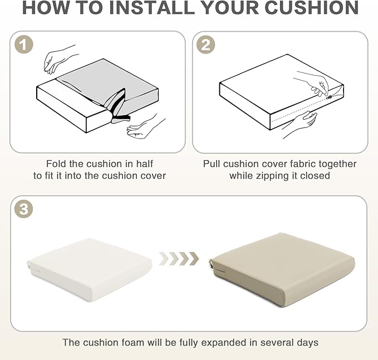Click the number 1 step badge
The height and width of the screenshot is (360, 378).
coord(23,45)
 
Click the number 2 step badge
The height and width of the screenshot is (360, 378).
coord(205,45)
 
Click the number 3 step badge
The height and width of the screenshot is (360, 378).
coord(23,209)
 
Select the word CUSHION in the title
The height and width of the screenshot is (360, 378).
coord(312,7)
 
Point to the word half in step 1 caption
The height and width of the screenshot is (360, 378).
coord(144,164)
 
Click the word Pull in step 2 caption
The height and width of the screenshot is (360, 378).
coord(212,164)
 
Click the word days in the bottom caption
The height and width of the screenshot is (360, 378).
coord(307,343)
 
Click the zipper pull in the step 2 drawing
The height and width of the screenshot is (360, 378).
coord(329,97)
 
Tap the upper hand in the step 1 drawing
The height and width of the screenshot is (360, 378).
coord(60,59)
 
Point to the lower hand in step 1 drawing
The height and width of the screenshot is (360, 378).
coord(145,126)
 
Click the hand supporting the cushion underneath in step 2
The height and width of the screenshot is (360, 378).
coord(300,124)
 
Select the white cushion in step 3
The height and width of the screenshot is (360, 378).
coord(90,269)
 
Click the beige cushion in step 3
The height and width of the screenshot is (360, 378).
coord(282,269)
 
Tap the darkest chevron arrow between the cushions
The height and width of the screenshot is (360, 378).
coord(194,259)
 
